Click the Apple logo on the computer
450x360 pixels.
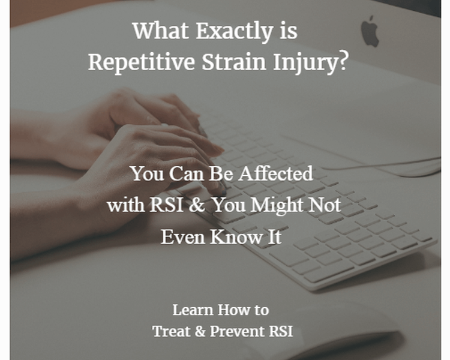tap(370, 32)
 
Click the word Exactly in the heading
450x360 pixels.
tap(235, 31)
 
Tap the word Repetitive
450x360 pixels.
tap(141, 62)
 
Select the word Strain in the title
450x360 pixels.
tap(233, 62)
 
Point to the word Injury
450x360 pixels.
tap(305, 63)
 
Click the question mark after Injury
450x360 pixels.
tap(343, 61)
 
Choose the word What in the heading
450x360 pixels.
tap(160, 31)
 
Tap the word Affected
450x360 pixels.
tap(276, 173)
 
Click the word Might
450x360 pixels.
tap(277, 206)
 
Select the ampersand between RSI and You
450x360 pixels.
tap(197, 205)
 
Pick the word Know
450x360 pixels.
tap(236, 236)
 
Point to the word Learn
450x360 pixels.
tap(193, 310)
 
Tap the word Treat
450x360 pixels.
tap(172, 331)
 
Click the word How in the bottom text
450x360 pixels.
tap(232, 310)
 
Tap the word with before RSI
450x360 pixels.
tap(126, 205)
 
